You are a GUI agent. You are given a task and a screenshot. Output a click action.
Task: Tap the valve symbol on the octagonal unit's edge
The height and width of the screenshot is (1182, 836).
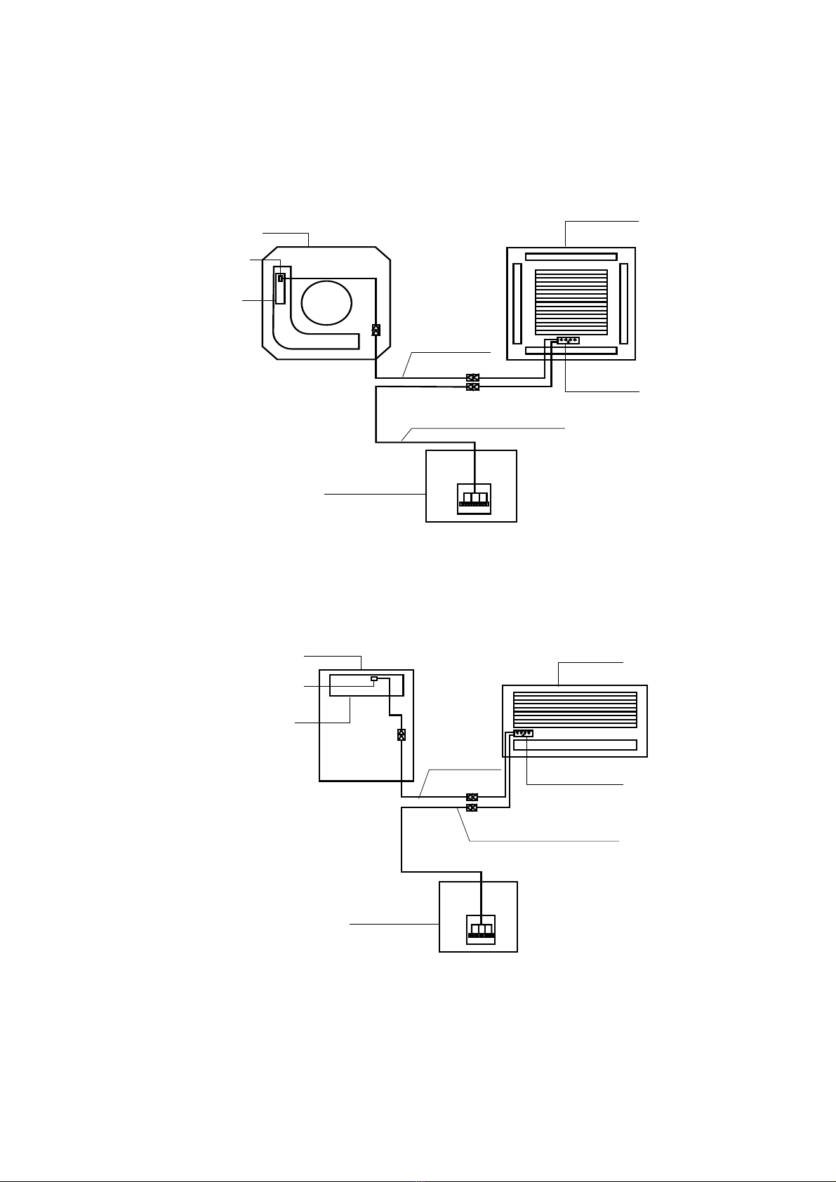click(x=376, y=330)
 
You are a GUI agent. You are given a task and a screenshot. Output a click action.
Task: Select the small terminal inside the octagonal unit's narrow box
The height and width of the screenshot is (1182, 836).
click(x=281, y=278)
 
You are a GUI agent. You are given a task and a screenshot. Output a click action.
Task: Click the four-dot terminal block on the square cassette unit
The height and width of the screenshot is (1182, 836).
click(x=568, y=341)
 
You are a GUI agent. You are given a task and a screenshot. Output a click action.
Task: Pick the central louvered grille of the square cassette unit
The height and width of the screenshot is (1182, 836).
click(x=571, y=302)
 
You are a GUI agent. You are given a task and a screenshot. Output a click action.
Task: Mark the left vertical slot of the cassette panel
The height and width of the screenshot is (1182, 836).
click(x=518, y=304)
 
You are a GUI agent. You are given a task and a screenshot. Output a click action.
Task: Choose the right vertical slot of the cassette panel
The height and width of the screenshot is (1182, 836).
click(x=624, y=304)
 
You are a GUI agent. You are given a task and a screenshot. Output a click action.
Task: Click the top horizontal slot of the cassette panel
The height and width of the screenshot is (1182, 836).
click(x=571, y=257)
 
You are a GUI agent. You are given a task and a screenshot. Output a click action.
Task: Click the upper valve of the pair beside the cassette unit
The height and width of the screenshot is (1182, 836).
click(x=473, y=377)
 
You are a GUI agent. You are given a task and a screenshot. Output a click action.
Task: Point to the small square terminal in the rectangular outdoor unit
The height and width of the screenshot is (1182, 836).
click(x=374, y=679)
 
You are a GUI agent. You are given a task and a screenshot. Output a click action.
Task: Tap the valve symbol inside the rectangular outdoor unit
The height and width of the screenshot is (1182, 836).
click(x=401, y=735)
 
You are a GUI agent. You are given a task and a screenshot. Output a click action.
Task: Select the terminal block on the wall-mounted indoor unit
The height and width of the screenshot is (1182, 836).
click(x=523, y=734)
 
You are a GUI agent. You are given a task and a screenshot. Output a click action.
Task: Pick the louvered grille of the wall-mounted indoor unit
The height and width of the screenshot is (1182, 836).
click(x=575, y=710)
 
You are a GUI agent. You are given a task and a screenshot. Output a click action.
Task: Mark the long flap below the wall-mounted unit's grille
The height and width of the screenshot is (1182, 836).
click(x=575, y=745)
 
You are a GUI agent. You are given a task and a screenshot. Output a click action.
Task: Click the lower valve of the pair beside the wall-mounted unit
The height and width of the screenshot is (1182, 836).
click(x=472, y=808)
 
